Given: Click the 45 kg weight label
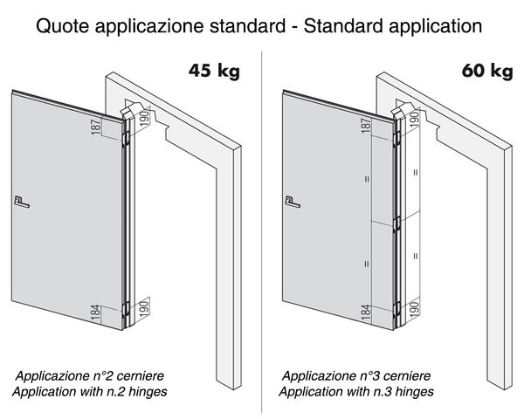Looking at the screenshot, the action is pos(214,72).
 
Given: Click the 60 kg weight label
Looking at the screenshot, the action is pos(487,72).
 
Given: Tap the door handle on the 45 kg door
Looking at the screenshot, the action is pos(22,203).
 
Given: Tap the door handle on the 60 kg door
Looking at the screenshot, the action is pos(293,203).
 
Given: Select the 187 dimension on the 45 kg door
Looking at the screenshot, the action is pos(95,127).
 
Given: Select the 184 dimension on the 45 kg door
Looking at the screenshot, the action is pos(95,313).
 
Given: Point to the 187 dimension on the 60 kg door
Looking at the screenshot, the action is pos(366,126).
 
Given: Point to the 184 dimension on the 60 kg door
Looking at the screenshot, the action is pos(366,313).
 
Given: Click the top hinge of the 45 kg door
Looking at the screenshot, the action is pos(126,139).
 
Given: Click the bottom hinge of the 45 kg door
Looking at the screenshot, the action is pos(126,309).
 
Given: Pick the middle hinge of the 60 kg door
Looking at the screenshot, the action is pos(397,224).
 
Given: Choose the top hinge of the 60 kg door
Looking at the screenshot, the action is pos(397,139).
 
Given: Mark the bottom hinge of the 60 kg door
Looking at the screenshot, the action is pos(397,309).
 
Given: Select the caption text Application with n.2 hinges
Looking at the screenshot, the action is pos(90,391).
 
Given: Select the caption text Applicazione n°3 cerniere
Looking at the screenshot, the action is pos(356,375).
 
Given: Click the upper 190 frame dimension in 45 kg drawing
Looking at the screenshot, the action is pos(144,118).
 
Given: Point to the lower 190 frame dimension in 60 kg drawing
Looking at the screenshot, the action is pos(414,310).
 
